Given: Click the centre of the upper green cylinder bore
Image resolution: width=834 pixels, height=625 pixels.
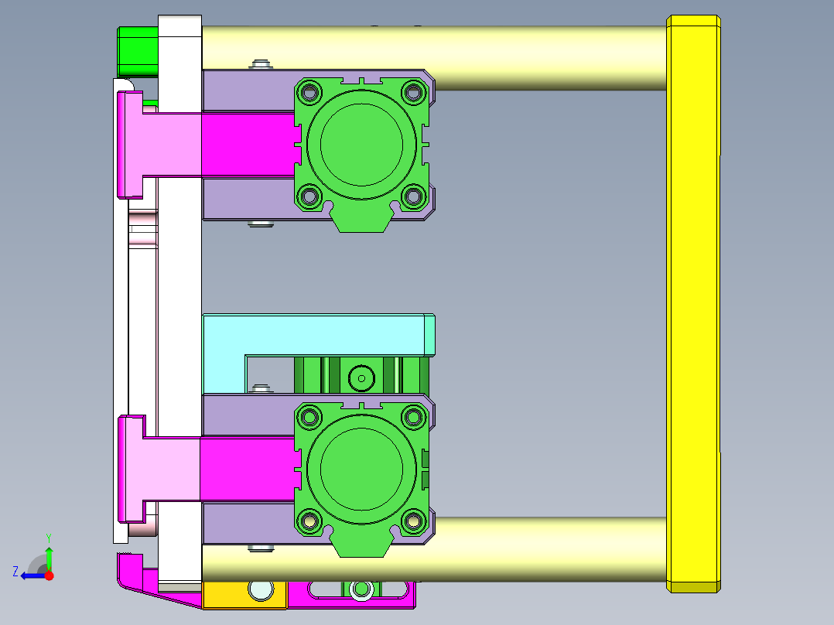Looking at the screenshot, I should click(361, 142).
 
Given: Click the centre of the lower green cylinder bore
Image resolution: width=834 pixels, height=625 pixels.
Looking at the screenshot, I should click(361, 467).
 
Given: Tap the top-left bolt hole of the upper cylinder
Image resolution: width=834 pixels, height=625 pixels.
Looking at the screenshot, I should click(310, 92).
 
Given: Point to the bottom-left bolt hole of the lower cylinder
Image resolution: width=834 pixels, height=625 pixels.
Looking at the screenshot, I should click(310, 521).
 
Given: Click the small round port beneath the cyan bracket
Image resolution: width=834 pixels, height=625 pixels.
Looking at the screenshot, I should click(361, 378).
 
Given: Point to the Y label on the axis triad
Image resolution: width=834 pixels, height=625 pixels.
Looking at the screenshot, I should click(48, 536).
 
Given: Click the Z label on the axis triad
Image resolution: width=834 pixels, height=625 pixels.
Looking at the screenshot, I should click(15, 572).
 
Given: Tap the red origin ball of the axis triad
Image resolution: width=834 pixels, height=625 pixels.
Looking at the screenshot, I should click(49, 575).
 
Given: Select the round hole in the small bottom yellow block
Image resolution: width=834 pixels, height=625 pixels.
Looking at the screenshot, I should click(261, 591).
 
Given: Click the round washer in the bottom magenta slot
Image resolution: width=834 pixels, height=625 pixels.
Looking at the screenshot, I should click(360, 591).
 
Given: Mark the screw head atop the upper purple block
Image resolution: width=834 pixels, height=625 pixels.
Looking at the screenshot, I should click(261, 63).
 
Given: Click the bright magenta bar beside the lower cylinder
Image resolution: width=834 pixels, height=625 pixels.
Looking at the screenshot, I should click(246, 469).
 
